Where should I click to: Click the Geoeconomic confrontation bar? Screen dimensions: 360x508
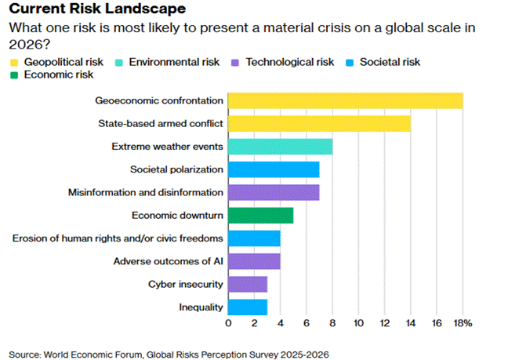click(345, 100)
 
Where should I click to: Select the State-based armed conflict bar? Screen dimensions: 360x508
click(319, 123)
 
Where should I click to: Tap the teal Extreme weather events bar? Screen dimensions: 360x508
click(280, 146)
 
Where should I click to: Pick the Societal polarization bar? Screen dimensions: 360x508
click(274, 169)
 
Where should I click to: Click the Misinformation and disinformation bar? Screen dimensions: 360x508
click(274, 192)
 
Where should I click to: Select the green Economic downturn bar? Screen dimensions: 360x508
click(260, 215)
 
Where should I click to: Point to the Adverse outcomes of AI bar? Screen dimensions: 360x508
click(254, 261)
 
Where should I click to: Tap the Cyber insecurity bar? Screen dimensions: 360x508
click(248, 284)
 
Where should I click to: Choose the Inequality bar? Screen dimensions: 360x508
click(248, 307)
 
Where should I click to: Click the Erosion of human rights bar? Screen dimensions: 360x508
click(254, 238)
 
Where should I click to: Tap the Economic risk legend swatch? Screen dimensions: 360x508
click(12, 75)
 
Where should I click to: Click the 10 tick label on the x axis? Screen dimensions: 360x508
click(358, 322)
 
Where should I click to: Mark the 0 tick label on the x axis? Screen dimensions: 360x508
click(228, 322)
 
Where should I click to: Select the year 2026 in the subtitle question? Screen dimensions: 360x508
click(23, 44)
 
